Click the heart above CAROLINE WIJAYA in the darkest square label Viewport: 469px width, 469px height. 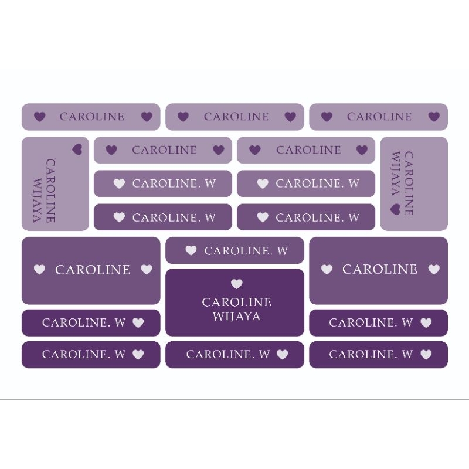click(x=237, y=284)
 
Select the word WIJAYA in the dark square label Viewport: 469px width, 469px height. click(x=237, y=317)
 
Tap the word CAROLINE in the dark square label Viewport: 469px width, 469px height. click(x=237, y=302)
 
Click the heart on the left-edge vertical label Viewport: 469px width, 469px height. click(x=77, y=149)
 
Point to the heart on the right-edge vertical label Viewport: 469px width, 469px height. click(x=395, y=209)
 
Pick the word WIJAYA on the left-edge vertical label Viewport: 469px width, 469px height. click(x=37, y=200)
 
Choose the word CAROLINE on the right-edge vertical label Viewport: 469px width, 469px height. click(x=409, y=183)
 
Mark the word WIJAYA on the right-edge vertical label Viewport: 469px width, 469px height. click(x=395, y=174)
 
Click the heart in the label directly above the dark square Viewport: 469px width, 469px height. click(x=191, y=250)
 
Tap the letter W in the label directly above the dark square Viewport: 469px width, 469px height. click(x=283, y=251)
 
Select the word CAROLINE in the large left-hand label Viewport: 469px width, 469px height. click(x=93, y=270)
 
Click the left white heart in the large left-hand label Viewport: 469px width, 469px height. click(x=39, y=270)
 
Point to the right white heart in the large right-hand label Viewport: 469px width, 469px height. click(x=434, y=270)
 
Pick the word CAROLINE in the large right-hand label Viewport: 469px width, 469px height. click(x=379, y=269)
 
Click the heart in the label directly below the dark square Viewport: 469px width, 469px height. click(x=283, y=355)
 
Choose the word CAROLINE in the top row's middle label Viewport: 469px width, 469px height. click(x=236, y=117)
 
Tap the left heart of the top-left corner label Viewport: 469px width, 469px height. click(x=39, y=117)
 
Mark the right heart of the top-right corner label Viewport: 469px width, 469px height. click(x=434, y=117)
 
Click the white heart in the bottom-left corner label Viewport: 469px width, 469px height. click(x=138, y=355)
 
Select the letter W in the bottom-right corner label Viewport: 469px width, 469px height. click(x=407, y=355)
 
